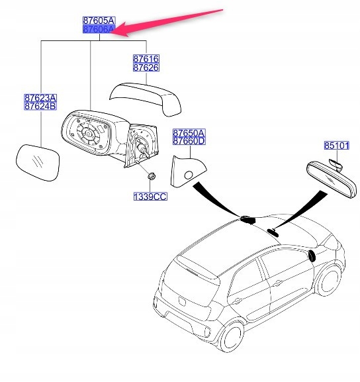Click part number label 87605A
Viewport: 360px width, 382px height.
pos(99,21)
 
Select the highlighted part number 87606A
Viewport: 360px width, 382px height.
pos(99,29)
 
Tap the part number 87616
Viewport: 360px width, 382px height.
pos(146,59)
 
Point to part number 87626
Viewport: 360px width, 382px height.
pos(146,68)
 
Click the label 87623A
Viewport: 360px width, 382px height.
pos(40,98)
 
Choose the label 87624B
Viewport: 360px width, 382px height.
pos(40,106)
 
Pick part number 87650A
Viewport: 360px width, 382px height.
pos(189,133)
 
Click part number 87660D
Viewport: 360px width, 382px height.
pos(189,141)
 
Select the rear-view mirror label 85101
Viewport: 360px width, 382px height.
pos(337,146)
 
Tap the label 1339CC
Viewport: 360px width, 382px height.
pos(150,197)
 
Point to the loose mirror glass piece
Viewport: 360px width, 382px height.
pos(38,163)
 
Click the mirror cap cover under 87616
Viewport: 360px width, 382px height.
pos(146,99)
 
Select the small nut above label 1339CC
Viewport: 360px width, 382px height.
pos(152,175)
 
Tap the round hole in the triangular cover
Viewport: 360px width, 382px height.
pos(189,175)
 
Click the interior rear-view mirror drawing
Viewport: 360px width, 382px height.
pos(332,179)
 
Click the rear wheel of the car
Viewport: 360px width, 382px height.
pos(232,337)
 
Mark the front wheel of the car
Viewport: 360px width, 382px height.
pos(328,281)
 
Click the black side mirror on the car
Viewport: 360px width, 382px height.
pos(312,256)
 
